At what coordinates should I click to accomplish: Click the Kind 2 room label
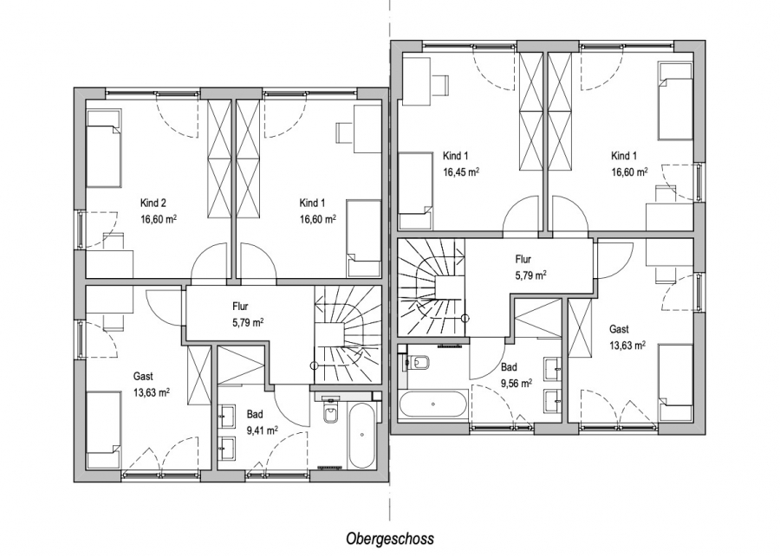coord(153,203)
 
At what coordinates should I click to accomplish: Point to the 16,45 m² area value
coord(461,172)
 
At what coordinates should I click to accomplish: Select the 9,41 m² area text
coord(262,430)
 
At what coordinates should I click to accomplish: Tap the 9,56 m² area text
coord(517,383)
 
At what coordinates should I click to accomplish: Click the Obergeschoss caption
coord(390,538)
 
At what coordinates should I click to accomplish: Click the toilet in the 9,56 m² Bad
coord(418,363)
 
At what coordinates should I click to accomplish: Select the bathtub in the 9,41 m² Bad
coord(361,436)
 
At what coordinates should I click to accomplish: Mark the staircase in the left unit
coord(348,334)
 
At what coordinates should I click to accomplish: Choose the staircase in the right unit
coord(431,288)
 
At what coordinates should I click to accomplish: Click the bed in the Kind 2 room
coord(103,149)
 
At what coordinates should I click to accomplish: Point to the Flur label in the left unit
coord(240,307)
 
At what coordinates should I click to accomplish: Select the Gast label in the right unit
coord(620,329)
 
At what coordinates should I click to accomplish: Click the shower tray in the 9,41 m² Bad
coord(241,365)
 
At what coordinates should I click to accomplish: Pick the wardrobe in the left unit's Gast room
coord(198,375)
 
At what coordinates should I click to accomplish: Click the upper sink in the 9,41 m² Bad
coord(227,416)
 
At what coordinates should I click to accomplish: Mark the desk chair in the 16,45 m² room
coord(439,82)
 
